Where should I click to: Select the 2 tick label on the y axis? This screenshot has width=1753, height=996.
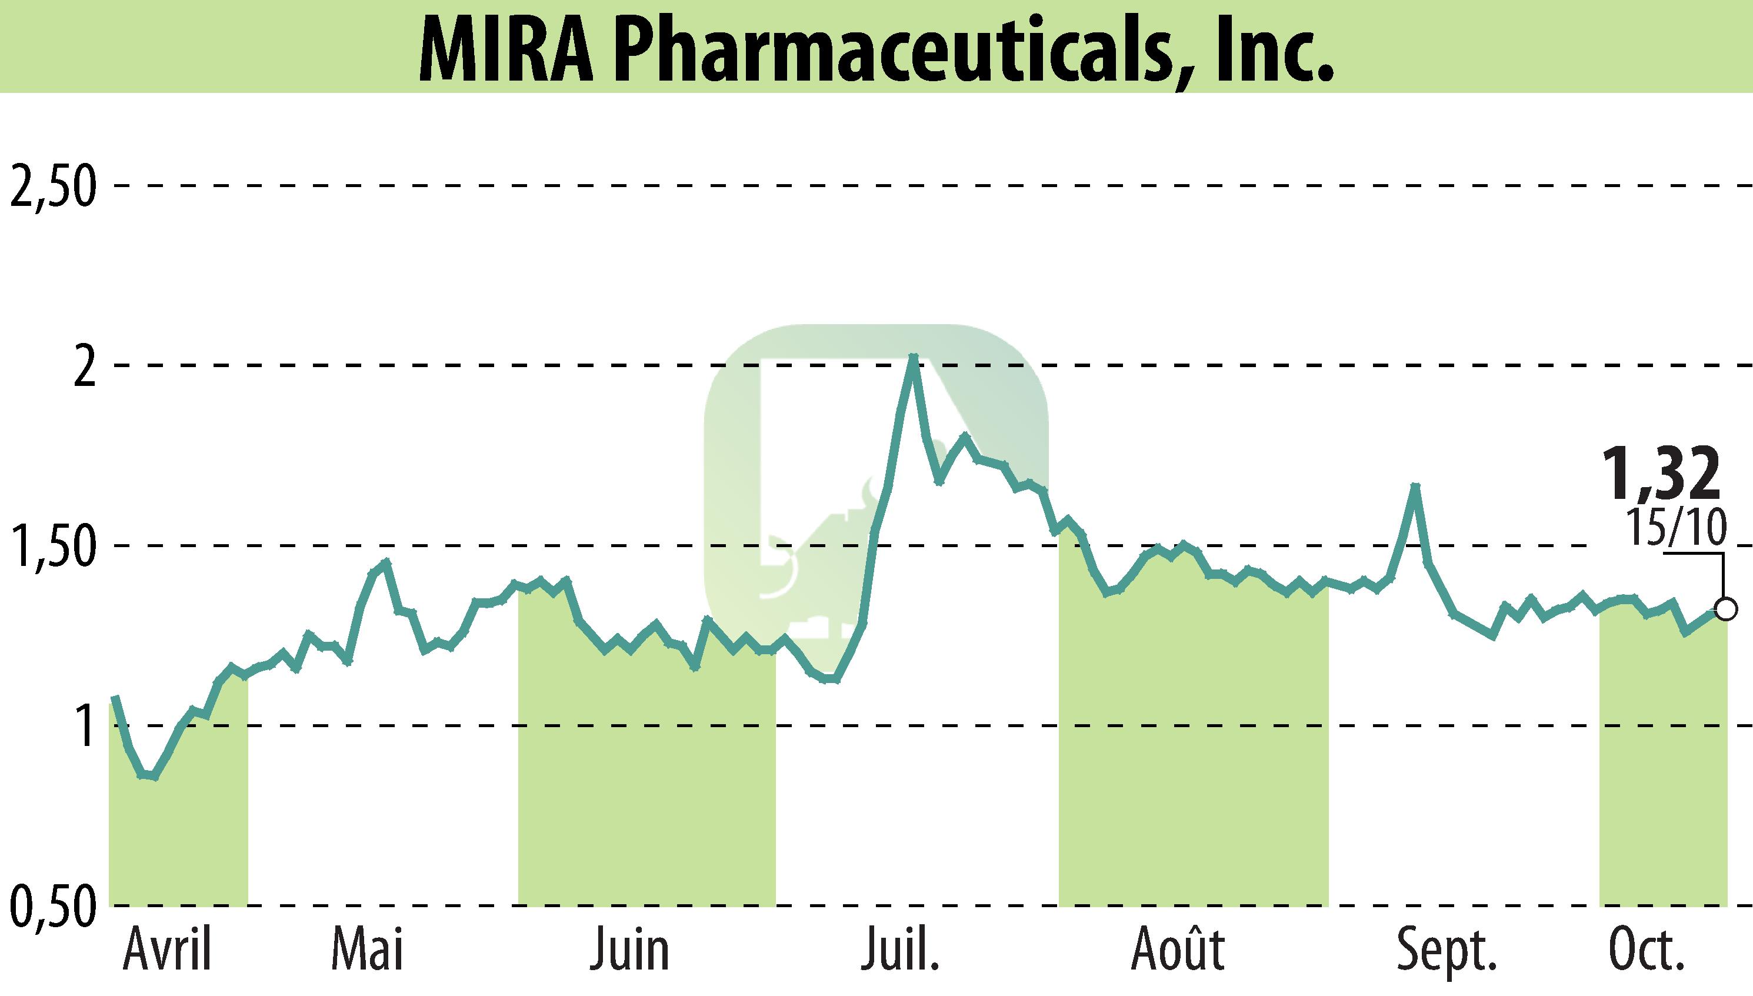click(x=84, y=369)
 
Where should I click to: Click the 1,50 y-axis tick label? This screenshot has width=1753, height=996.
click(x=51, y=547)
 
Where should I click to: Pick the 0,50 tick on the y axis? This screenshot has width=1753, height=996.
click(x=51, y=907)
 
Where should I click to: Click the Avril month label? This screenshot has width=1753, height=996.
click(x=168, y=950)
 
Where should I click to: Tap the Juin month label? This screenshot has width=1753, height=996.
click(x=629, y=950)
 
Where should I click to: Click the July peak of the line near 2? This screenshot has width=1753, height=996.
click(x=912, y=357)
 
